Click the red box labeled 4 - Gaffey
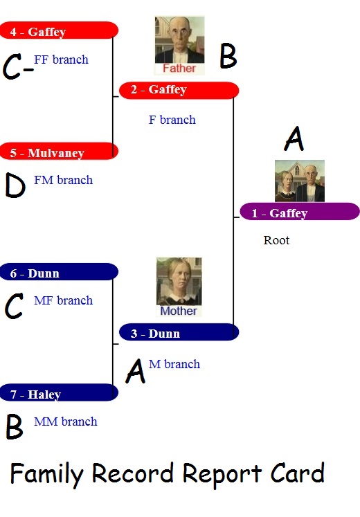pyautogui.click(x=59, y=30)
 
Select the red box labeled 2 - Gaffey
pyautogui.click(x=179, y=91)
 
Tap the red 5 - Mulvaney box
pyautogui.click(x=59, y=152)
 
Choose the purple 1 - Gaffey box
pyautogui.click(x=300, y=212)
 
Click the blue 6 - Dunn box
pyautogui.click(x=59, y=272)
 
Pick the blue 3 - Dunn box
pyautogui.click(x=179, y=332)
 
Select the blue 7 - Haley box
pyautogui.click(x=59, y=392)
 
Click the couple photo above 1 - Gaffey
pyautogui.click(x=300, y=181)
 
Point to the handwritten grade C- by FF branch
pyautogui.click(x=18, y=67)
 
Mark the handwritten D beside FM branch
pyautogui.click(x=15, y=185)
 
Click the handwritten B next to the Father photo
pyautogui.click(x=228, y=56)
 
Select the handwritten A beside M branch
pyautogui.click(x=136, y=371)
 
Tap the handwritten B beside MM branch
pyautogui.click(x=15, y=426)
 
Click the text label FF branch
pyautogui.click(x=62, y=60)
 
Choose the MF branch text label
pyautogui.click(x=63, y=300)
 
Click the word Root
pyautogui.click(x=276, y=240)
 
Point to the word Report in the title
pyautogui.click(x=222, y=475)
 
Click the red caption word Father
pyautogui.click(x=179, y=69)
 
